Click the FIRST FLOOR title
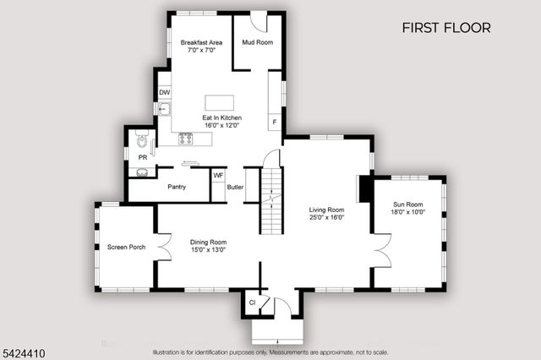tap(445, 28)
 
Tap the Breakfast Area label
tap(201, 42)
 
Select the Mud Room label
tap(257, 41)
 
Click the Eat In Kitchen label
tap(221, 117)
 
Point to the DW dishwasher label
tap(165, 92)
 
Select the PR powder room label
tap(142, 156)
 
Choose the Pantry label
tap(177, 187)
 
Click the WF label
tap(217, 176)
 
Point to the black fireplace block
tap(364, 188)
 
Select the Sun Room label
tap(408, 205)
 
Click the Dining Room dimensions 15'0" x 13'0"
tap(208, 250)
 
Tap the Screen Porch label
tap(125, 247)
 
